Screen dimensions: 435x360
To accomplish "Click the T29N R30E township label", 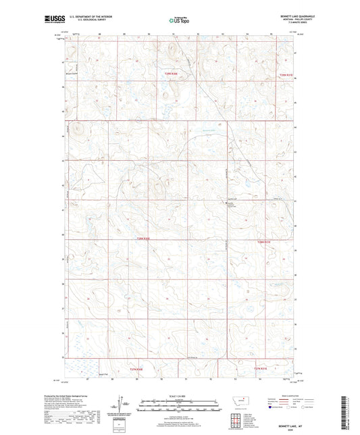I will tap(173, 74).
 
